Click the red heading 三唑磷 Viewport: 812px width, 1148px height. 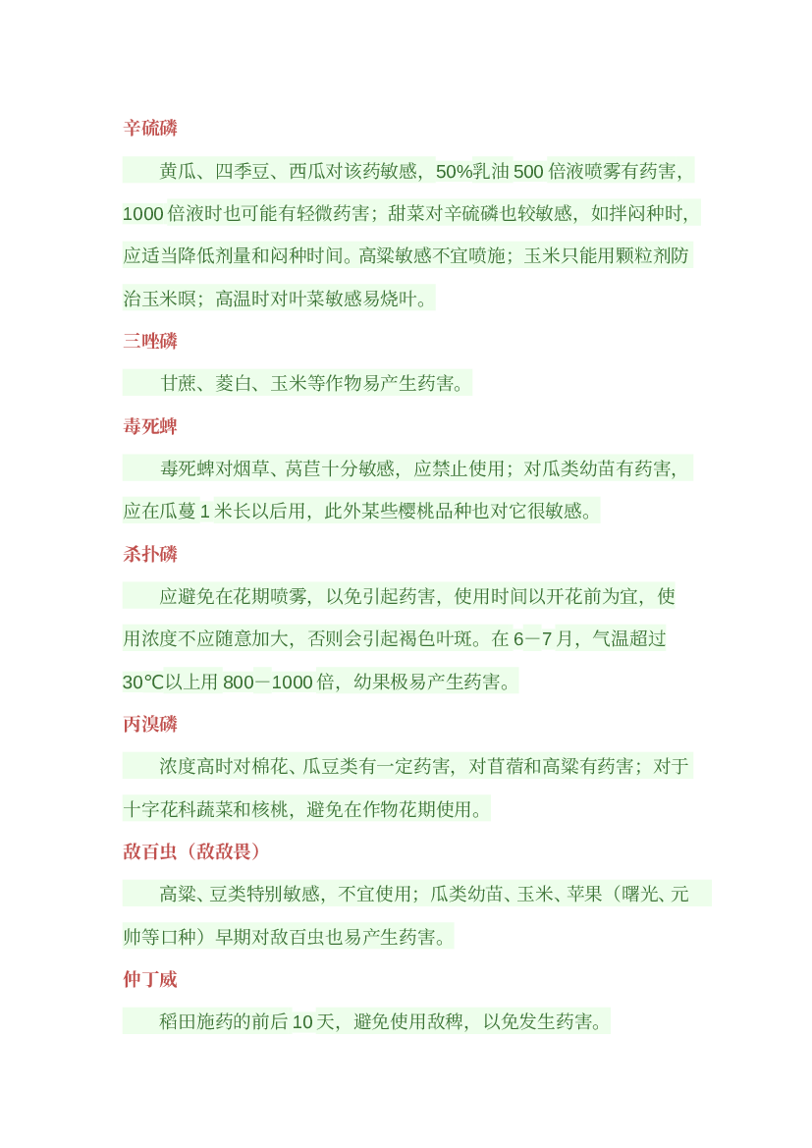coord(150,341)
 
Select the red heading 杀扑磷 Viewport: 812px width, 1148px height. coord(150,554)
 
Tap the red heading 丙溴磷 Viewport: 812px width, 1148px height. coord(150,724)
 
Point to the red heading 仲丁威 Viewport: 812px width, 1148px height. coord(150,980)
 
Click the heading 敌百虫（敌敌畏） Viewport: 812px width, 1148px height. coord(191,851)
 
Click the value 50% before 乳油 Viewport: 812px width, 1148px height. coord(454,171)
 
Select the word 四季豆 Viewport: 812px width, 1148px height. coord(243,171)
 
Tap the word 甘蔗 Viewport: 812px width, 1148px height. coord(179,384)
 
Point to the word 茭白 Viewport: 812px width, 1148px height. coord(234,384)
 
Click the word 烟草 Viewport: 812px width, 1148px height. coord(252,468)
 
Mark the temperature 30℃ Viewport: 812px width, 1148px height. coord(143,683)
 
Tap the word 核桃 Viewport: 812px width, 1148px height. coord(270,809)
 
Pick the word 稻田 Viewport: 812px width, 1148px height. coord(178,1022)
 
